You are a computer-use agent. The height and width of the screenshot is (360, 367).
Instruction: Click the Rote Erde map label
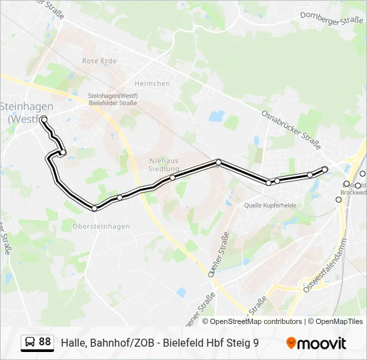click(99, 61)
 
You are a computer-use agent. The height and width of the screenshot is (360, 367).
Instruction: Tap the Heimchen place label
click(152, 83)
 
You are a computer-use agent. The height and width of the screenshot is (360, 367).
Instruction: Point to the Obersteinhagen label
click(101, 226)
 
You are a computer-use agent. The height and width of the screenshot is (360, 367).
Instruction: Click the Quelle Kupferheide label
click(270, 206)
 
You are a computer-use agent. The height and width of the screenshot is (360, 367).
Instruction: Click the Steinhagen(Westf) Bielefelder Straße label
click(113, 99)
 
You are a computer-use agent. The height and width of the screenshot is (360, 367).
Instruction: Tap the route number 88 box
click(45, 342)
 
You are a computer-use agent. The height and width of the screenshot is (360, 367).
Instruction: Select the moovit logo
click(316, 343)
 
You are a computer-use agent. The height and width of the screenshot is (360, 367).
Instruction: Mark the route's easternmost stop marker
click(325, 169)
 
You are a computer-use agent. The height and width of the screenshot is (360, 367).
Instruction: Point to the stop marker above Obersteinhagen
click(95, 209)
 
